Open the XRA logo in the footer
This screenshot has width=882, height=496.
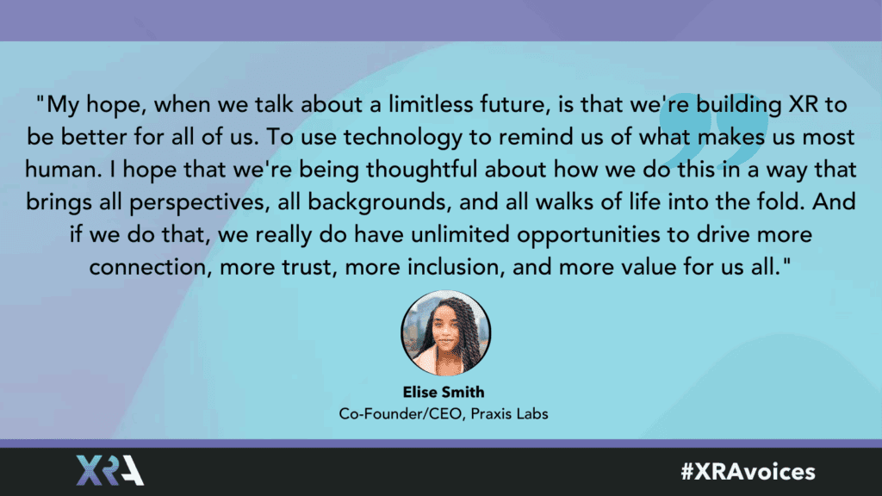pos(109,470)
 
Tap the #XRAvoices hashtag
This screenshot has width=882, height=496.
pos(748,471)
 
